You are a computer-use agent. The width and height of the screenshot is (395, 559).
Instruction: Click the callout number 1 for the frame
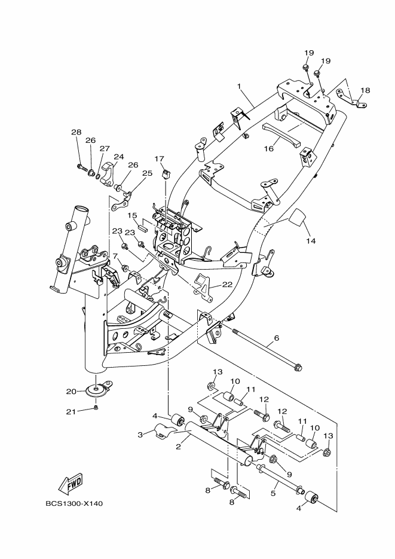click(239, 86)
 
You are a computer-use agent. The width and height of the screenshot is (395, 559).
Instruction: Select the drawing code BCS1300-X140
click(74, 503)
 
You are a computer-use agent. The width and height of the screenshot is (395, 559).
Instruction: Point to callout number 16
click(269, 148)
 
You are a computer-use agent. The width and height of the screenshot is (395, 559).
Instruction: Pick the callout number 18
click(365, 90)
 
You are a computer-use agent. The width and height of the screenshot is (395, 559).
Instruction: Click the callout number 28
click(76, 132)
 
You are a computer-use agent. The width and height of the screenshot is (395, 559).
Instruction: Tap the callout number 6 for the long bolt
click(277, 338)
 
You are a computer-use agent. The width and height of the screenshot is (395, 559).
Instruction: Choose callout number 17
click(159, 158)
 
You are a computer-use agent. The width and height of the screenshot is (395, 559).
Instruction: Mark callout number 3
click(140, 435)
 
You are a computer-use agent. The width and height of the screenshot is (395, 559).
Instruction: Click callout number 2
click(177, 447)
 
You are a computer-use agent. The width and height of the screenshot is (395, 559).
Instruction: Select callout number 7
click(115, 256)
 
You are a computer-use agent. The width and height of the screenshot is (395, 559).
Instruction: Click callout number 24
click(118, 157)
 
